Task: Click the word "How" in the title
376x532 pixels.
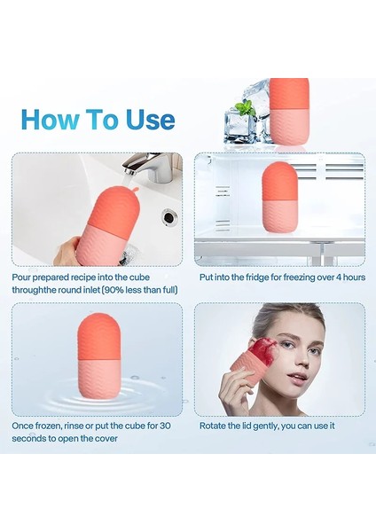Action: (51, 120)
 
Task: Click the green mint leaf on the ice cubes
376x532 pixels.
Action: (245, 108)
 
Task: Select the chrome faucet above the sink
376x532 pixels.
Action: (149, 168)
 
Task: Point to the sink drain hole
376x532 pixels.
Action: (168, 215)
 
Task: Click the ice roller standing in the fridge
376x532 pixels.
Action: (279, 198)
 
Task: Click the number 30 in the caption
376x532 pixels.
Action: (165, 426)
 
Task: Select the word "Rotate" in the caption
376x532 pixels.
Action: (211, 426)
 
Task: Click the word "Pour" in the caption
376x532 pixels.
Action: (21, 278)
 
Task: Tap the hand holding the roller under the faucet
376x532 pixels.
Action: (67, 249)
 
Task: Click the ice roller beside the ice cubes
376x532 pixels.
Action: (289, 112)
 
